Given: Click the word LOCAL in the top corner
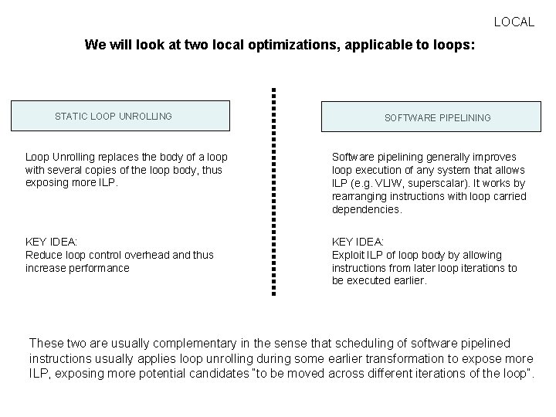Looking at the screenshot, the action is coord(514,22).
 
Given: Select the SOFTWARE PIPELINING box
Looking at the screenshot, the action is coord(437,118).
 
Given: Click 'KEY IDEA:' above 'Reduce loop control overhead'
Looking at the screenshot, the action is coord(53,242).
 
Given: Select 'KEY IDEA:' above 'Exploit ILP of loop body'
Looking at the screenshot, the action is coord(358,242).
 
